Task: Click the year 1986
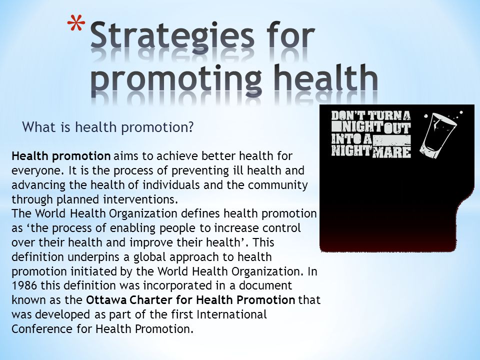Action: (23, 286)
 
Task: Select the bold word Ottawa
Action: (104, 300)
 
